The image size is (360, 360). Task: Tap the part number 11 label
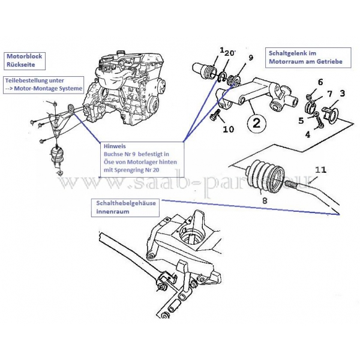point(320,170)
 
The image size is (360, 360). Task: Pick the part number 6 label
point(320,82)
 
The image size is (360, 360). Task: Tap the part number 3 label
point(342,94)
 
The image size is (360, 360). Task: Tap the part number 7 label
point(329,95)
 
